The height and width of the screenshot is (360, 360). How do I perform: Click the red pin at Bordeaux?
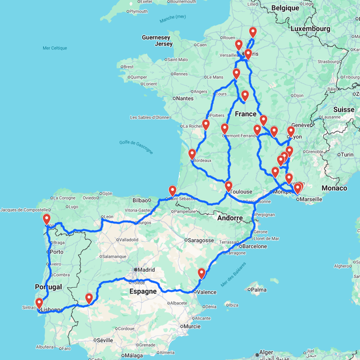tap(192, 154)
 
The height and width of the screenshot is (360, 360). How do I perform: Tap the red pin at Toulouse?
tap(228, 186)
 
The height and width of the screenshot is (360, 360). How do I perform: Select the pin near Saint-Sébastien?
tap(172, 191)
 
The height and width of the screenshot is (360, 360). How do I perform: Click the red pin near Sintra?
tap(39, 303)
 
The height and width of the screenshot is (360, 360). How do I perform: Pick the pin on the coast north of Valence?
tap(201, 273)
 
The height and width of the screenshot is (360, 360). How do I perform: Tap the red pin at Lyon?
tap(291, 131)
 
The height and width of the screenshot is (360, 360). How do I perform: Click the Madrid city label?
tap(145, 270)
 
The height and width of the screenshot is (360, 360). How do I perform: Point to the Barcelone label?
tap(255, 247)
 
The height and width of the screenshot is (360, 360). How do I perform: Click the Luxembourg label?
tap(310, 29)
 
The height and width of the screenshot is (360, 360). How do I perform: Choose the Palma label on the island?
tap(259, 290)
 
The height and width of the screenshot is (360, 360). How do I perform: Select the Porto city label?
tap(57, 252)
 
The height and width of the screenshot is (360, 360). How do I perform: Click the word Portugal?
tap(49, 287)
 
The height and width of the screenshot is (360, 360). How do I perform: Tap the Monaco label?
tap(334, 188)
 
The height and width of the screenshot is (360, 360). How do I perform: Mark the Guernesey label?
tap(156, 38)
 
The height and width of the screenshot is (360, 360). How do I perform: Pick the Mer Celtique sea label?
tap(55, 48)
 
